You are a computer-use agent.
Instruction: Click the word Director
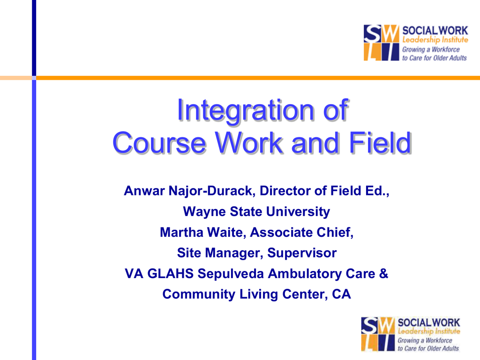(x=285, y=191)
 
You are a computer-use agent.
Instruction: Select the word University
(x=298, y=212)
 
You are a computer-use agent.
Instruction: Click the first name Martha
(x=181, y=232)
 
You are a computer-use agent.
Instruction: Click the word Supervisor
(x=302, y=253)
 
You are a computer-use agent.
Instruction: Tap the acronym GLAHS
(x=170, y=274)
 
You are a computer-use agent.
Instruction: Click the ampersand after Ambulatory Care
(x=383, y=274)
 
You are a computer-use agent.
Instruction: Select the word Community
(x=199, y=294)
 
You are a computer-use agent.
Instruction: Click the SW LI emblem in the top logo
(x=382, y=43)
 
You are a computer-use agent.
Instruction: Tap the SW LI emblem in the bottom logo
(x=378, y=334)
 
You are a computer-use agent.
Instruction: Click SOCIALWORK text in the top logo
(x=435, y=30)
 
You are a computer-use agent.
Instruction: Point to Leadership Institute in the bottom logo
(x=428, y=331)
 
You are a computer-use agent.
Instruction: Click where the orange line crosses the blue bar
(x=34, y=78)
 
